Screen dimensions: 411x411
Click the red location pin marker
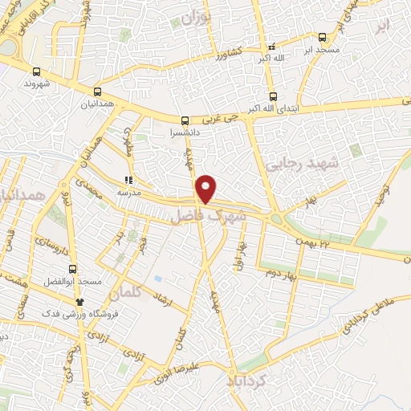(x=207, y=189)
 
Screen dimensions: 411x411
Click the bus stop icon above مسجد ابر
(x=322, y=37)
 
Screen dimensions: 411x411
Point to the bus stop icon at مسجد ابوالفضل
(x=73, y=269)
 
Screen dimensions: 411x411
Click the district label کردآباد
(x=255, y=377)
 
